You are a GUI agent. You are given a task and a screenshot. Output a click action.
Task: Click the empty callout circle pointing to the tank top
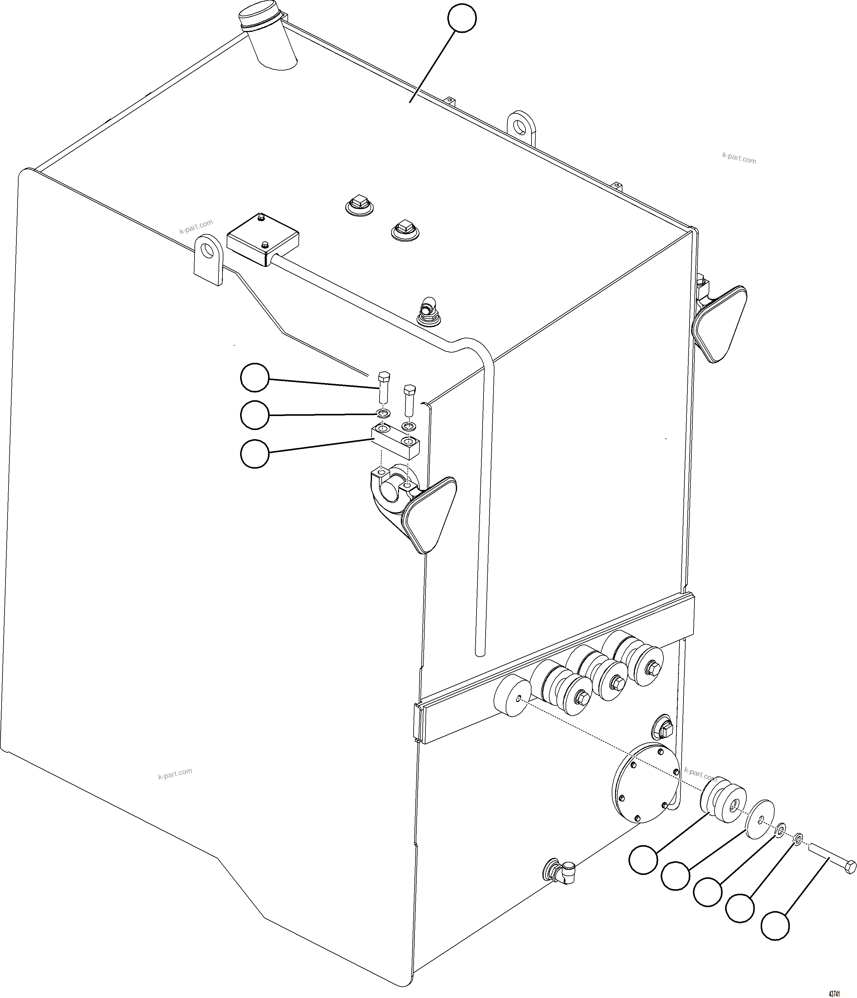(x=462, y=18)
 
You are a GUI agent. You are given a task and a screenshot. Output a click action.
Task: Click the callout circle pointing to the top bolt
(x=254, y=377)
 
